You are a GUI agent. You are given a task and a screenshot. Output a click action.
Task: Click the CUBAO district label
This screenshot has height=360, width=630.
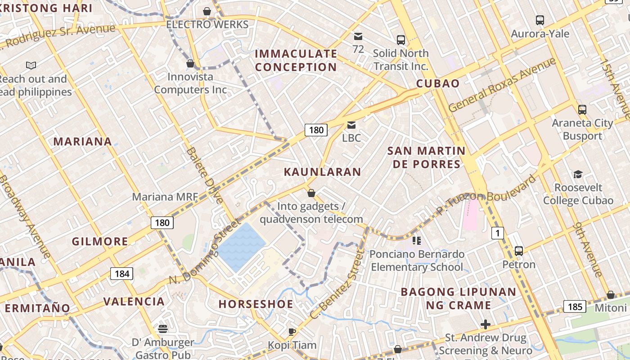(x=438, y=83)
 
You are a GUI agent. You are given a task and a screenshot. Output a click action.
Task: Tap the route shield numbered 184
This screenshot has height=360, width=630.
(x=121, y=273)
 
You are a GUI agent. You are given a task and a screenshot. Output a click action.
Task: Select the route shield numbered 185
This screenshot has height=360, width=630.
(x=575, y=307)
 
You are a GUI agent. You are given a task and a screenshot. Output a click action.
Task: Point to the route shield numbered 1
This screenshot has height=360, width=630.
(x=497, y=233)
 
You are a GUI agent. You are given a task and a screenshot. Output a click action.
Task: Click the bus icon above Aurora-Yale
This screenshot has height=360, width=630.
(x=540, y=20)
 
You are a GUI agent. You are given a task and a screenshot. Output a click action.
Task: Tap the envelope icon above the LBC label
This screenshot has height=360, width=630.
(x=351, y=125)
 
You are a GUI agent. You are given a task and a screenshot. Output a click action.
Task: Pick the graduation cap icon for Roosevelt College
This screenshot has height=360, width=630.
(x=578, y=174)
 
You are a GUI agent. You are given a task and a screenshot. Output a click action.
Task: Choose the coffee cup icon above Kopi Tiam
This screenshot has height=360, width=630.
(x=292, y=332)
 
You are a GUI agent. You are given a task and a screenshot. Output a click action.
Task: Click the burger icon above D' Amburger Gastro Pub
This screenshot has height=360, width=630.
(x=163, y=329)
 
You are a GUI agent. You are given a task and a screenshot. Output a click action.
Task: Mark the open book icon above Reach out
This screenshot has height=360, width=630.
(x=31, y=66)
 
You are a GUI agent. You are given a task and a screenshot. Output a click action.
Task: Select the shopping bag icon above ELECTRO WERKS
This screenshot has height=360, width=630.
(x=207, y=11)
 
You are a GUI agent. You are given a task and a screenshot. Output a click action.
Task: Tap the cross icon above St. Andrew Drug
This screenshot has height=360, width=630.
(x=485, y=324)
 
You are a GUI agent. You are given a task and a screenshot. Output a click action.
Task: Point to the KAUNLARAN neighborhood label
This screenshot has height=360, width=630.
(x=322, y=171)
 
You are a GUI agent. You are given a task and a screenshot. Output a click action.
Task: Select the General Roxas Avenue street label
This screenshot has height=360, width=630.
(x=502, y=85)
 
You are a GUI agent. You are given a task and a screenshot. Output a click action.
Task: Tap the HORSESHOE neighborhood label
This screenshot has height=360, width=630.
(x=256, y=304)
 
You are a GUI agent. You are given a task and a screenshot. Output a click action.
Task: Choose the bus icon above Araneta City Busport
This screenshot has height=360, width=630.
(x=582, y=109)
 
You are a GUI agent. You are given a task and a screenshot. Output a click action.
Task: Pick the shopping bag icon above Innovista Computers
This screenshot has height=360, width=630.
(x=190, y=63)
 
